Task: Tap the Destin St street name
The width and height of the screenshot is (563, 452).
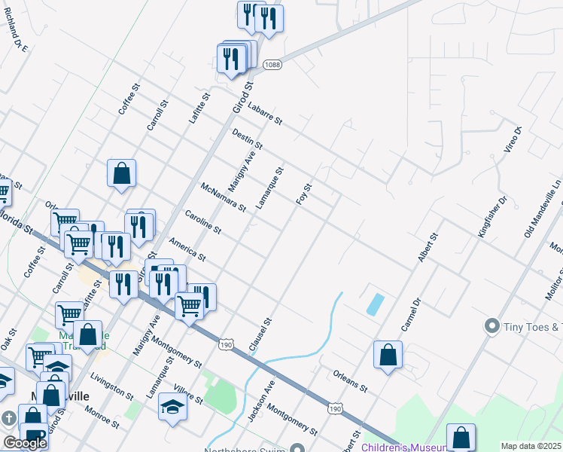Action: click(x=247, y=138)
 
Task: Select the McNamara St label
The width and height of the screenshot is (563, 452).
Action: click(x=224, y=197)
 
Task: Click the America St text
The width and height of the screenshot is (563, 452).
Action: click(x=187, y=249)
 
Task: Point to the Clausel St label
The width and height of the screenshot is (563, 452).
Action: click(x=260, y=334)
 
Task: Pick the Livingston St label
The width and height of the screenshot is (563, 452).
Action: click(x=111, y=385)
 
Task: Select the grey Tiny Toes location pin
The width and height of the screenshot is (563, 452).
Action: click(x=492, y=326)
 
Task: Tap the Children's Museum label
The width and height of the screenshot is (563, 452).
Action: click(x=399, y=447)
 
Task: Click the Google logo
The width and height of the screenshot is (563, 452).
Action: click(x=24, y=443)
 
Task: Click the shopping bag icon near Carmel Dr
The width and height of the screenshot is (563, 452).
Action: click(x=388, y=355)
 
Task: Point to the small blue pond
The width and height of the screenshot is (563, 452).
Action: click(x=374, y=304)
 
